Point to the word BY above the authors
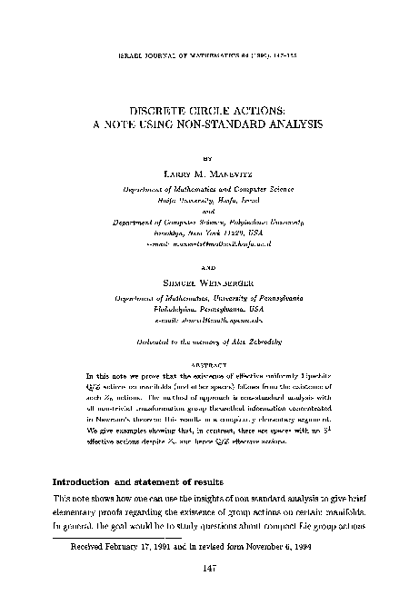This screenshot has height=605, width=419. [x=208, y=157]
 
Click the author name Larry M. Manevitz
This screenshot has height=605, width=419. [x=208, y=173]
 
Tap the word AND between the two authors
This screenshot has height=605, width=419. [x=208, y=269]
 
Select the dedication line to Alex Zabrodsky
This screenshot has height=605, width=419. [x=208, y=338]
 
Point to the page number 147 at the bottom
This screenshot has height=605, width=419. [x=209, y=565]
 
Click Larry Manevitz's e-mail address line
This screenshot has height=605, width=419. [x=208, y=243]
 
